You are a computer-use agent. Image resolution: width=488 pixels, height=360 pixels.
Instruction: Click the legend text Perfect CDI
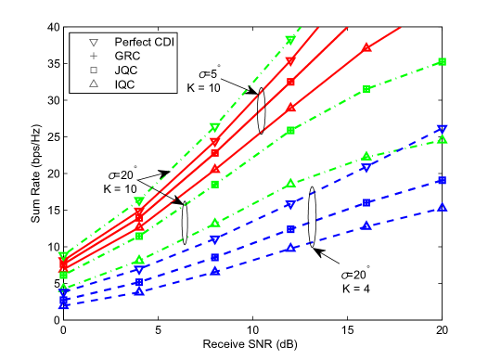(x=144, y=43)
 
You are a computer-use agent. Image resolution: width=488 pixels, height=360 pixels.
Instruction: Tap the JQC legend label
(x=125, y=71)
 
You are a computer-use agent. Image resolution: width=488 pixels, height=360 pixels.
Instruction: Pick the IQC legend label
(x=124, y=84)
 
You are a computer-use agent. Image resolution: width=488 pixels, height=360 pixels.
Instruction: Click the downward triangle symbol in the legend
(x=94, y=43)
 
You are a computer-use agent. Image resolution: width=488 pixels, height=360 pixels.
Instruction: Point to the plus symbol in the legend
(x=94, y=57)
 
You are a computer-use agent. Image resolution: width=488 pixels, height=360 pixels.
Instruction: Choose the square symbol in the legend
(x=94, y=71)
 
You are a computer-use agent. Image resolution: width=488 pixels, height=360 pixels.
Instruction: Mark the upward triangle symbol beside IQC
(x=94, y=84)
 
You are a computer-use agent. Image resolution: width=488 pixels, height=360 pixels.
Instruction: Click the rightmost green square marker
(x=443, y=62)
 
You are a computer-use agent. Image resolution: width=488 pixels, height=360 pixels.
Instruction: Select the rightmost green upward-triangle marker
(x=443, y=139)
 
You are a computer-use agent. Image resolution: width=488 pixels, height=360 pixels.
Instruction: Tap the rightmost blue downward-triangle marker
(x=443, y=129)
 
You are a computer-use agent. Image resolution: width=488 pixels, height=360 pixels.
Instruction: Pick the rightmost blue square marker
(x=443, y=180)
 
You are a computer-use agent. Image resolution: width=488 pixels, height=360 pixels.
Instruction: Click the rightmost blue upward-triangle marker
(x=443, y=207)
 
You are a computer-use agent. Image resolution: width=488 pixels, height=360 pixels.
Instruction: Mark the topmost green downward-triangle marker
(x=290, y=40)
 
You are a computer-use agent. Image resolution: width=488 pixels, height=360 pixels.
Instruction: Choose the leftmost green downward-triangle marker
(x=63, y=256)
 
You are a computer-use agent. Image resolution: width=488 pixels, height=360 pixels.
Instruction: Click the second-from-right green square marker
(x=366, y=89)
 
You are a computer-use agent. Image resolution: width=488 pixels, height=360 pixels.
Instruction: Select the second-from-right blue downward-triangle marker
(x=366, y=168)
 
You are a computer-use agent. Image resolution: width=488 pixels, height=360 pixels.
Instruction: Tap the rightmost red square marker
(x=290, y=83)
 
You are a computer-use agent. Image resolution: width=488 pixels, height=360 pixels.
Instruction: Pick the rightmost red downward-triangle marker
(x=290, y=62)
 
